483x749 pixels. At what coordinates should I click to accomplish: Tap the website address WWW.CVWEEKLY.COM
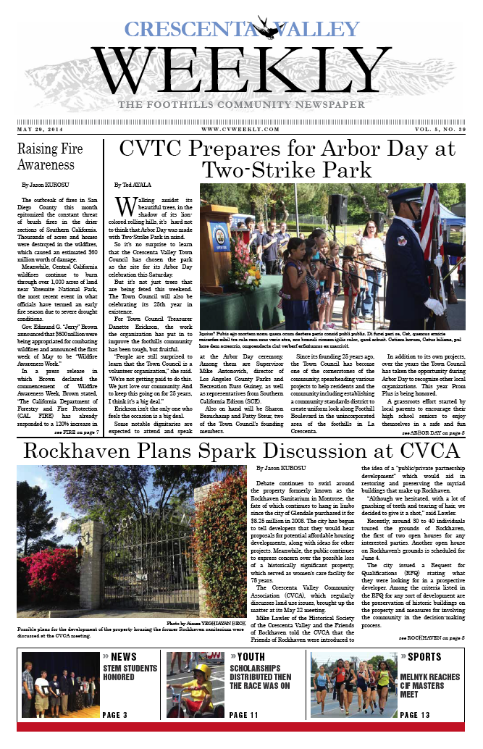[240, 129]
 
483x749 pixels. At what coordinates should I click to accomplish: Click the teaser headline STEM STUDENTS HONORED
[129, 672]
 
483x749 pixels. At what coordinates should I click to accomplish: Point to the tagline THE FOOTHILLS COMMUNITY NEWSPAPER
[241, 106]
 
